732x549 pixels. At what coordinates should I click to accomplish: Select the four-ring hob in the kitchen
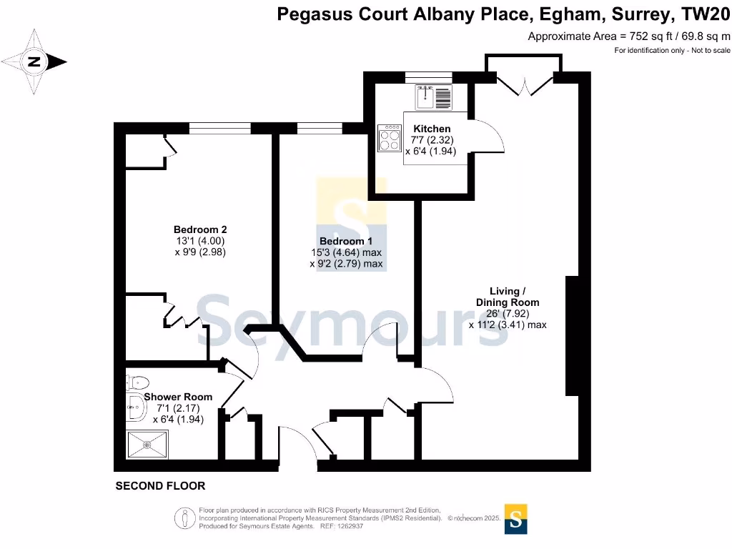(x=390, y=138)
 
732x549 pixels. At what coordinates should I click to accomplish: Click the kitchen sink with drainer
(x=433, y=97)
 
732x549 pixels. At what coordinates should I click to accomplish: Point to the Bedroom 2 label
(x=200, y=229)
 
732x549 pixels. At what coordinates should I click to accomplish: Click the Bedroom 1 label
(x=346, y=241)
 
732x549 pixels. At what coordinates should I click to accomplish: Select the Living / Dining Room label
(x=508, y=297)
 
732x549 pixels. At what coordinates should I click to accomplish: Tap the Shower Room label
(x=178, y=397)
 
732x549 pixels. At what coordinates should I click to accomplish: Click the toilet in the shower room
(x=137, y=382)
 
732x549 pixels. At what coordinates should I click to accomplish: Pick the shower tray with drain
(x=147, y=445)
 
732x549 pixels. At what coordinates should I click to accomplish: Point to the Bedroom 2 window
(x=220, y=129)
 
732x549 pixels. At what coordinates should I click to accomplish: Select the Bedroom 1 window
(x=320, y=129)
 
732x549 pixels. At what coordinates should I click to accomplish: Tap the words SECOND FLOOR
(x=161, y=486)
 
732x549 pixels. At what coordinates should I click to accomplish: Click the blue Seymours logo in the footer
(x=516, y=519)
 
